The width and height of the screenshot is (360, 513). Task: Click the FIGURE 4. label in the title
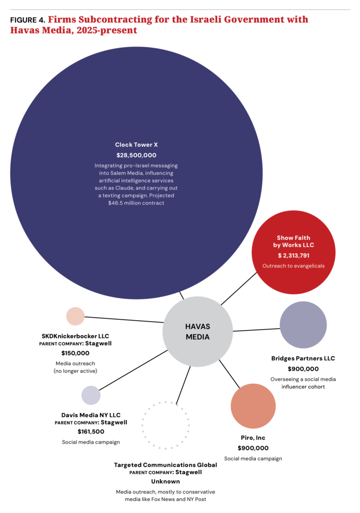tap(28, 20)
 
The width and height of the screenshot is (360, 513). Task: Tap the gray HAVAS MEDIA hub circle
tap(197, 332)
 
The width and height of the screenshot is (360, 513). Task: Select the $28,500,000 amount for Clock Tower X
tap(136, 155)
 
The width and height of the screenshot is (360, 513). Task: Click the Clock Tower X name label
tap(136, 145)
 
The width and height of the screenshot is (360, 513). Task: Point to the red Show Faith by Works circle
tap(293, 252)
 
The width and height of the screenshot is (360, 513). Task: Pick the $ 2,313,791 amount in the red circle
tap(293, 255)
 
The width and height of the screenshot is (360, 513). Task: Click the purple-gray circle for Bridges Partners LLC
tap(303, 325)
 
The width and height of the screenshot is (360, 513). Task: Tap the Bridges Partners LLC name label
tap(303, 358)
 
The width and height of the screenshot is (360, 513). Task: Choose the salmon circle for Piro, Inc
tap(253, 406)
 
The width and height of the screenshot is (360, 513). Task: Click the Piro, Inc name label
tap(253, 438)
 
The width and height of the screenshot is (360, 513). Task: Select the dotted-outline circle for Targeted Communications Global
tap(166, 402)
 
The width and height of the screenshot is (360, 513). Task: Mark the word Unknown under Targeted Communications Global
tap(165, 481)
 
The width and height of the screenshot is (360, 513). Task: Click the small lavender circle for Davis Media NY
tap(91, 395)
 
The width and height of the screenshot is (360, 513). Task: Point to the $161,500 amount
tap(91, 431)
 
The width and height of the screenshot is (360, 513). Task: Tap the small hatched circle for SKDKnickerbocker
tap(76, 317)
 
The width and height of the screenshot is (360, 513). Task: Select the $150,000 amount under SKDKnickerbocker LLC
tap(75, 353)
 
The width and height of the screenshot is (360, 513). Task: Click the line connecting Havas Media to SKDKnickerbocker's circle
tap(124, 320)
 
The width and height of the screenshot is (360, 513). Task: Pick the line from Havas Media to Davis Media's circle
tap(133, 370)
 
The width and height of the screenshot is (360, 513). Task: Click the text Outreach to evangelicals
tap(293, 266)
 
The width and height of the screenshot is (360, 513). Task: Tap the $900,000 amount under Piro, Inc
tap(253, 448)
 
